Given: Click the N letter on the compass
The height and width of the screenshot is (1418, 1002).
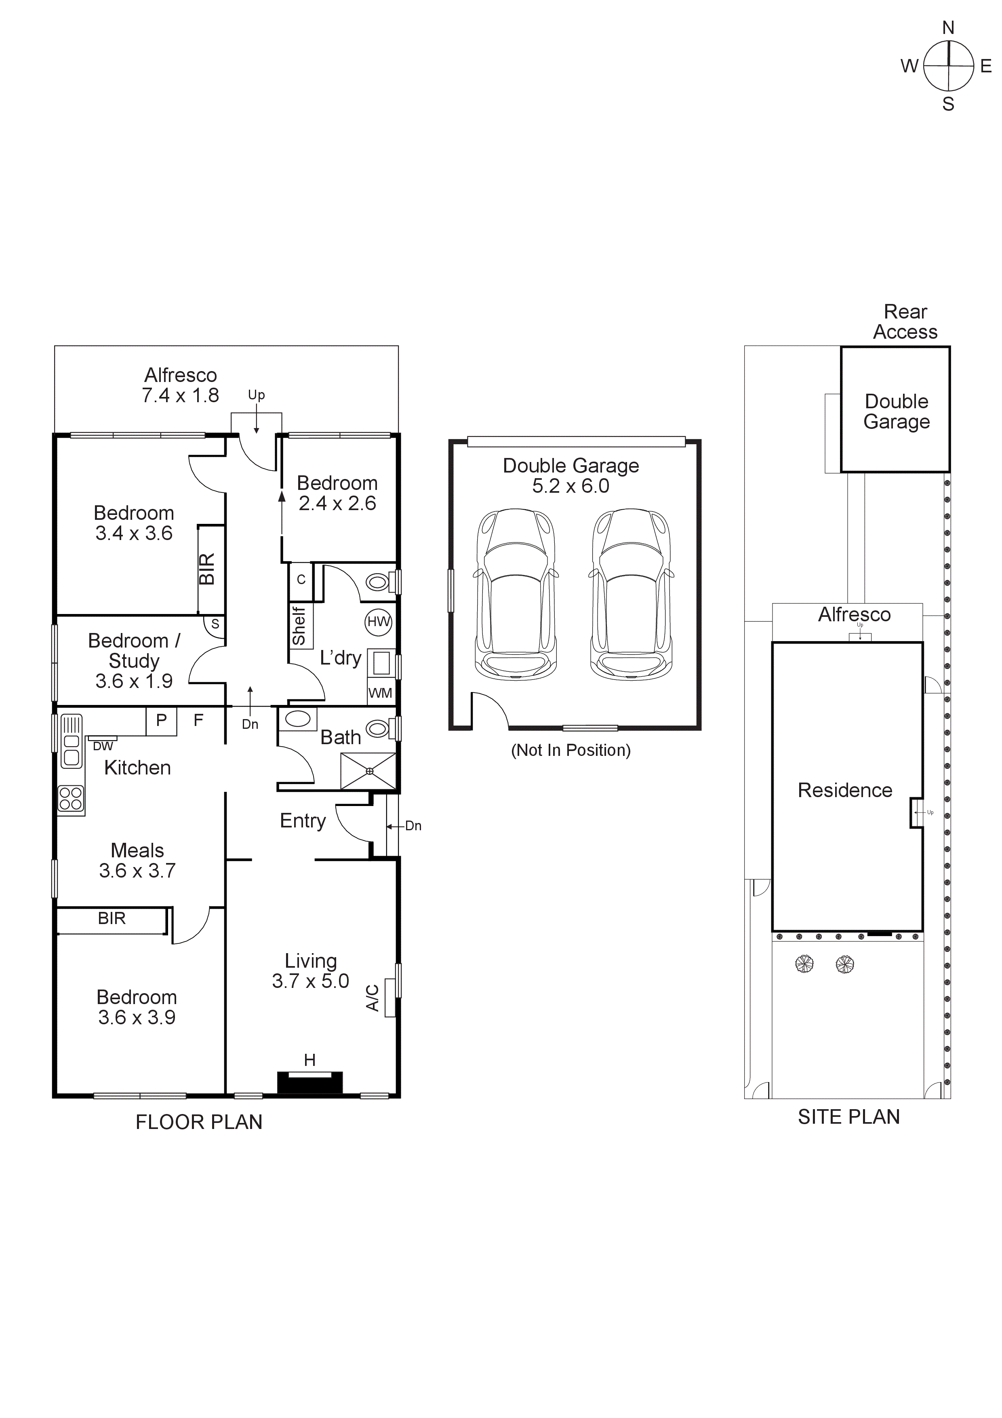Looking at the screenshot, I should (x=948, y=28).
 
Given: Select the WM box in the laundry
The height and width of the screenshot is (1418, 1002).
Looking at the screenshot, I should (x=380, y=693).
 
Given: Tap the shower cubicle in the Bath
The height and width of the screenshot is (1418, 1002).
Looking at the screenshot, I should (x=368, y=771).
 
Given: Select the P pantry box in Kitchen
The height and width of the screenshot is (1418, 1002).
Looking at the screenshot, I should (x=161, y=720).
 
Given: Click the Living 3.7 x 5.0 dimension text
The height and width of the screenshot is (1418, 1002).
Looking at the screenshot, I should (x=311, y=981).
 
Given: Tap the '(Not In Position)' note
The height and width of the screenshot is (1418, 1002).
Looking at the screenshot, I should (x=570, y=750).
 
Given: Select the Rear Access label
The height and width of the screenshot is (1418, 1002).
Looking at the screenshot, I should (x=905, y=322).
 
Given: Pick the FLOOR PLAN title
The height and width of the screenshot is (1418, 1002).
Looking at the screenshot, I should (x=199, y=1122).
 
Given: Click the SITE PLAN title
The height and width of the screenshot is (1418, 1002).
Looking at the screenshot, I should (x=848, y=1116).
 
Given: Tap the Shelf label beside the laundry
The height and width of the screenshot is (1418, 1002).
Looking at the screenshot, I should (x=299, y=626).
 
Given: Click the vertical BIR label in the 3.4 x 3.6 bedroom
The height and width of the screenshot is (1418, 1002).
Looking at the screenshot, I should (x=207, y=569).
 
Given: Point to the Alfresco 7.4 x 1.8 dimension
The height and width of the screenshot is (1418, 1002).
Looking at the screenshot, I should (x=180, y=395).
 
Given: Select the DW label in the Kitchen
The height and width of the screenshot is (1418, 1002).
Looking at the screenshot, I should (x=103, y=746).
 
